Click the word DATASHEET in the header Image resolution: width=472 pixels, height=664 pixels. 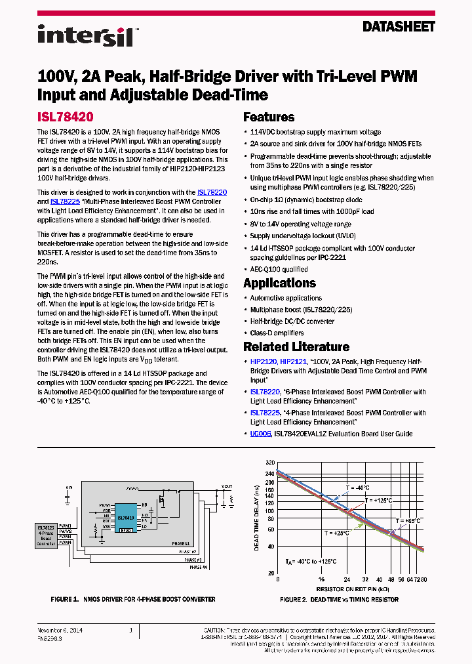pos(399,28)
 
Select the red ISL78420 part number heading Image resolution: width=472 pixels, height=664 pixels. pos(65,117)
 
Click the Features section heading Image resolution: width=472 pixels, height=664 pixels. pos(269,117)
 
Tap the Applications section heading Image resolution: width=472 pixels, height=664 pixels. pos(279,283)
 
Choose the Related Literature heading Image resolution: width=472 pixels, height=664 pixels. pos(296,346)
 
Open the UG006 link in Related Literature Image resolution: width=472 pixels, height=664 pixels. pos(260,434)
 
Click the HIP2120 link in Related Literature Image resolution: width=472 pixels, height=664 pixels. pos(264,362)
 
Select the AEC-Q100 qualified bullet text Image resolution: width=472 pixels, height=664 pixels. pos(279,269)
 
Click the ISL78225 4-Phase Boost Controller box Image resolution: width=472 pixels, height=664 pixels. pos(46,535)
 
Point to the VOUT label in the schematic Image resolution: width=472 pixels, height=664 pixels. pos(227,487)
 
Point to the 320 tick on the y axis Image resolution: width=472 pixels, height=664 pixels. pos(270,463)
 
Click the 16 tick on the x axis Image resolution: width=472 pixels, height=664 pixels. pos(321,580)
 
